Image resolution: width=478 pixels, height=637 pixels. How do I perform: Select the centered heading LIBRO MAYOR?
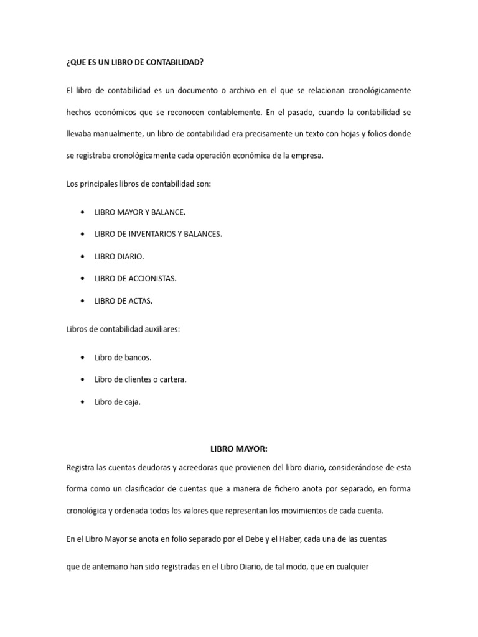click(238, 449)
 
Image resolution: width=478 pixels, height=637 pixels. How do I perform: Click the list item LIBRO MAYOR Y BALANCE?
click(140, 212)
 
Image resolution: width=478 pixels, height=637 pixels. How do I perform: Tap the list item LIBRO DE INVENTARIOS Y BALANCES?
click(158, 234)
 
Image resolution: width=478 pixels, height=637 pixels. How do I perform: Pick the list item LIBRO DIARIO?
click(119, 256)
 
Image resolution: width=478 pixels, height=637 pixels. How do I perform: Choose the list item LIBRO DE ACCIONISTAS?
click(136, 279)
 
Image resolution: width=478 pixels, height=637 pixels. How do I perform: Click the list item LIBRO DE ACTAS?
click(123, 301)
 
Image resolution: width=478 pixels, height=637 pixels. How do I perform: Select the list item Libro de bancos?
click(123, 358)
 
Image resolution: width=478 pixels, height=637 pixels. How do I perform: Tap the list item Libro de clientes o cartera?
click(141, 379)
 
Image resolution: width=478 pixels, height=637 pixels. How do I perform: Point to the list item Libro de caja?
click(118, 402)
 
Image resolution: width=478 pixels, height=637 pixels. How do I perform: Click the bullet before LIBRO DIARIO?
click(83, 256)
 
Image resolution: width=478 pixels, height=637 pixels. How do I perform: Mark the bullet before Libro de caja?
click(83, 402)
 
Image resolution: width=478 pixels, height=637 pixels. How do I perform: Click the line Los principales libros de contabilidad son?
click(139, 184)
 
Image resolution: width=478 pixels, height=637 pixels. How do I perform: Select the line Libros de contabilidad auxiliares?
click(123, 330)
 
